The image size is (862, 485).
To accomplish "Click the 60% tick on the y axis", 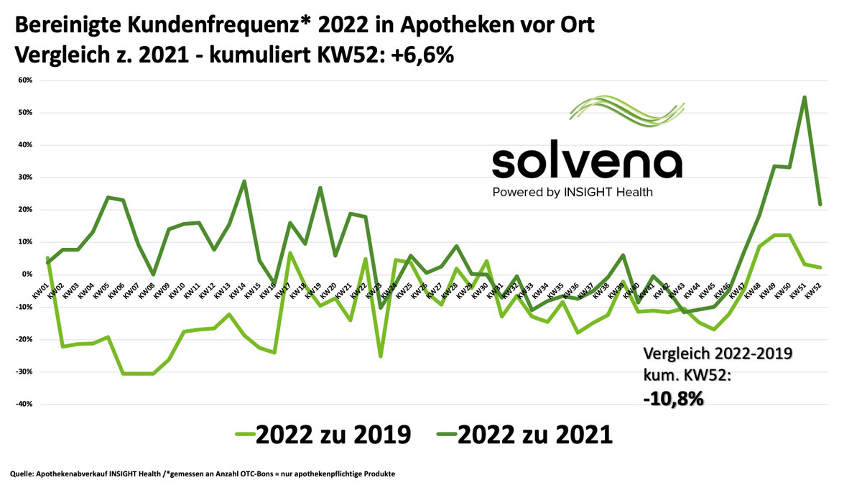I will (24, 80).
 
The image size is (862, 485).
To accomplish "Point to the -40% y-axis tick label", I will (23, 404).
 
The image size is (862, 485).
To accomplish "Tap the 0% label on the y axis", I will (27, 274).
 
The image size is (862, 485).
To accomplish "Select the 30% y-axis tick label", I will (24, 177).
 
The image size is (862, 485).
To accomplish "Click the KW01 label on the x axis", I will (40, 290).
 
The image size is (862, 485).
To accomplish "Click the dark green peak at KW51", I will (805, 97).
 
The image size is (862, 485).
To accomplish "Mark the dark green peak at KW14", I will (244, 181).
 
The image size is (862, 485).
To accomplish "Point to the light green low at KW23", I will (380, 356).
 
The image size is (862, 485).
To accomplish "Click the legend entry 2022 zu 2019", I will (323, 435).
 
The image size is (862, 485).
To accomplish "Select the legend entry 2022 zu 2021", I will (524, 435).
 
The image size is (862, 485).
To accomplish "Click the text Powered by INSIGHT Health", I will (573, 192).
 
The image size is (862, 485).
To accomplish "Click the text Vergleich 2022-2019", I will (716, 354).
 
